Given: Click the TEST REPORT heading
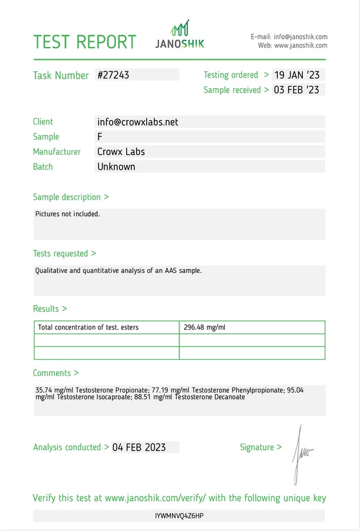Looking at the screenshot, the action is tap(84, 42).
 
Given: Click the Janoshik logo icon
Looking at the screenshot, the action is tap(180, 28).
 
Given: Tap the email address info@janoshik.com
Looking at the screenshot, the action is tap(300, 37).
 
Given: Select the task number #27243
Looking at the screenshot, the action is tap(113, 75).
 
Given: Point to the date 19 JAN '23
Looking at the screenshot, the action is tap(296, 75).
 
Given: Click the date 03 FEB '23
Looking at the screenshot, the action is tap(296, 90).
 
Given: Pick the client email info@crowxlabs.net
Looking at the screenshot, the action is tap(137, 122).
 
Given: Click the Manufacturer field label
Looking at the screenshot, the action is tap(57, 152).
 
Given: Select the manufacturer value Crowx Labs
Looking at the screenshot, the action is tap(121, 152).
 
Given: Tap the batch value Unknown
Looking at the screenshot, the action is tap(116, 167).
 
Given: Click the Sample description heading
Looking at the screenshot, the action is tap(71, 197).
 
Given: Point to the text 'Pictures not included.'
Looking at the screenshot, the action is tap(68, 214).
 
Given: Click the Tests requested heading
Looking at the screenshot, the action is tap(64, 254).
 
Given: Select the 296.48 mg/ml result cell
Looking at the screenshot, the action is tap(205, 328).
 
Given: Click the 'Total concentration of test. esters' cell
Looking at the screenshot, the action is tap(88, 328).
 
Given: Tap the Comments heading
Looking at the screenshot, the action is tap(56, 373).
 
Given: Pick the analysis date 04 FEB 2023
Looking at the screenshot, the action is tap(139, 447).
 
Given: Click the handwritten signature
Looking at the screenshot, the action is tap(301, 454).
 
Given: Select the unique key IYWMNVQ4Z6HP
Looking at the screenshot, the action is tap(180, 516).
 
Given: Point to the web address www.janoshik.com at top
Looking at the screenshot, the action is tap(301, 46).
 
